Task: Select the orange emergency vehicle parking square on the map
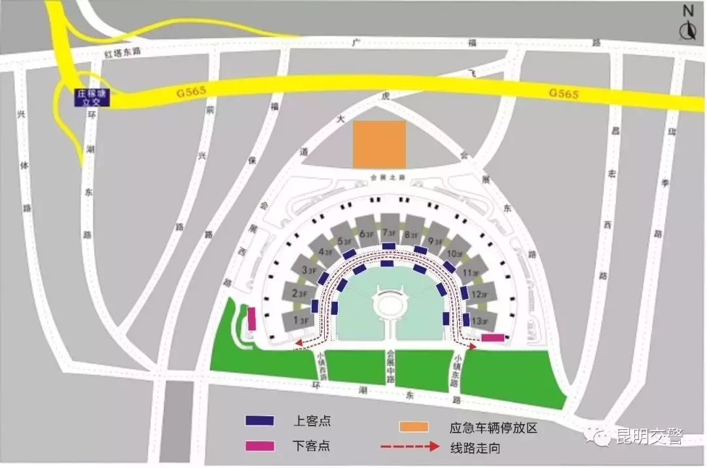(x=379, y=144)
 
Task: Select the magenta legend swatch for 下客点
(x=260, y=446)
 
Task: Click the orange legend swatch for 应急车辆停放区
(x=414, y=427)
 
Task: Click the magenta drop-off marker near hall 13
(x=492, y=338)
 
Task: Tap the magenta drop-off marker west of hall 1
(x=251, y=319)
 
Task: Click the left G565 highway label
(x=190, y=94)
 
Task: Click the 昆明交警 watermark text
(x=649, y=437)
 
